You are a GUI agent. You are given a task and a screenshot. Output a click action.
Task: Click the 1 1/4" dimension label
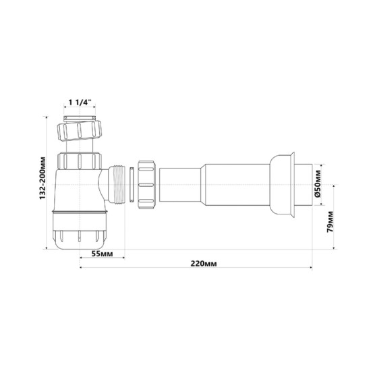click(x=80, y=103)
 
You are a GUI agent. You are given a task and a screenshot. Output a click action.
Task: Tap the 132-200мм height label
click(x=42, y=178)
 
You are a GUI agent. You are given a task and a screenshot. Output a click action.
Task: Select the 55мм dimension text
click(x=102, y=254)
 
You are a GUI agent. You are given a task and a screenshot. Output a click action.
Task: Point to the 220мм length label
click(x=204, y=263)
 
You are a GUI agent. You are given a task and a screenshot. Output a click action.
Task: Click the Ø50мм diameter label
click(x=318, y=183)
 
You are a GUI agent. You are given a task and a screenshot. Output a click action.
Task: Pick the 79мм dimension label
click(x=330, y=222)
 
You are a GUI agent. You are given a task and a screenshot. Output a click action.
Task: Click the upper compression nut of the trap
click(x=80, y=131)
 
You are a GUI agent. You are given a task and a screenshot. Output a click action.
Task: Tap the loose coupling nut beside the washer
click(x=146, y=185)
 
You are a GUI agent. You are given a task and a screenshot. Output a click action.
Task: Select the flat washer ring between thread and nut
click(x=132, y=185)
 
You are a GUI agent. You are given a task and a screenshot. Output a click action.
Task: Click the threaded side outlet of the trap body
click(x=117, y=184)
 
